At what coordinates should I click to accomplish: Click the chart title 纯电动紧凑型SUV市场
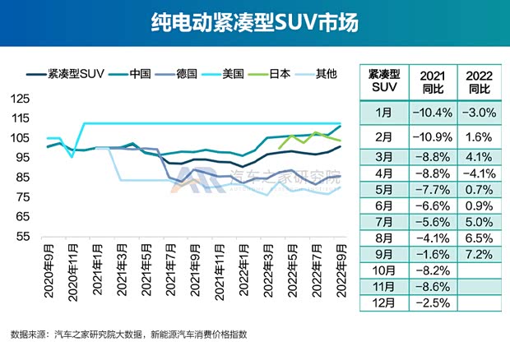[x=255, y=22]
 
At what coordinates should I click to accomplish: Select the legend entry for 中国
[x=139, y=74]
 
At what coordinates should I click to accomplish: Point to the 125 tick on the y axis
[x=21, y=99]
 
